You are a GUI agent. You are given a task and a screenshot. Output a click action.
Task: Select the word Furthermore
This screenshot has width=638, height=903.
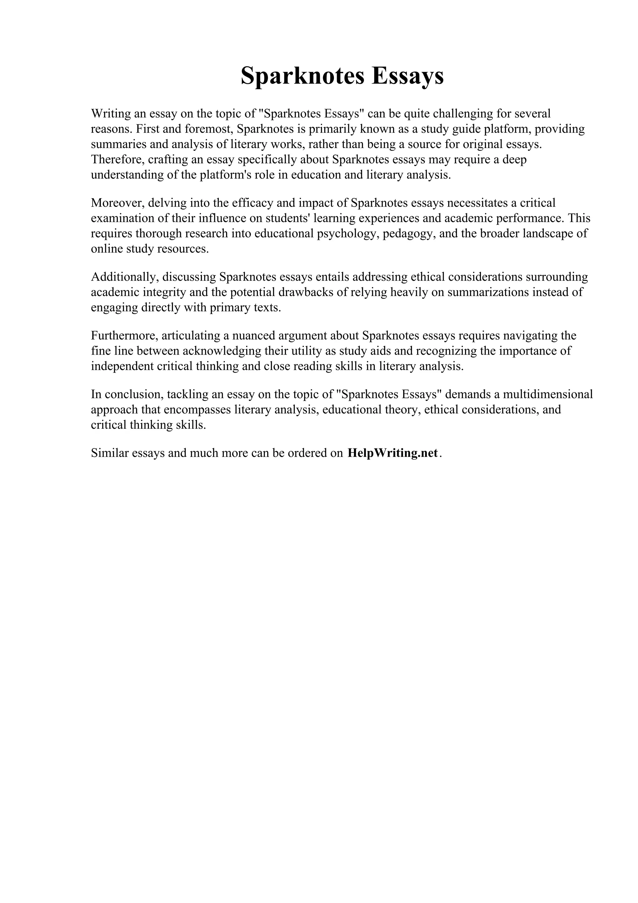[x=124, y=336]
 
